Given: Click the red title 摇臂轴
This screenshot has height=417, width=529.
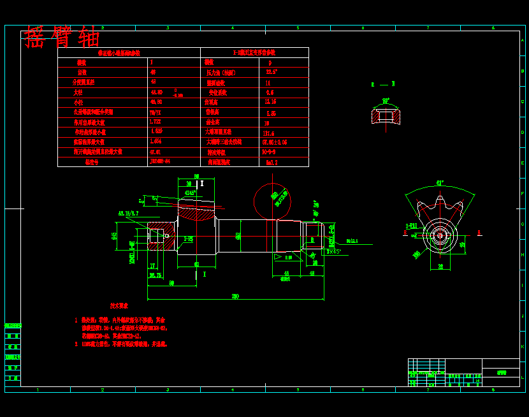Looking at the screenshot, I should pos(62,37).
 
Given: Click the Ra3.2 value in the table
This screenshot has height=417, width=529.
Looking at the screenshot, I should pos(272,163).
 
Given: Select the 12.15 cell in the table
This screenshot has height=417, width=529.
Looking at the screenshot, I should pos(270,102).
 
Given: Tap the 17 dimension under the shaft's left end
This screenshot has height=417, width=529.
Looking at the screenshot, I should pos(152,265).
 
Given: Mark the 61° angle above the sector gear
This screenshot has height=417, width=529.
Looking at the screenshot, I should pos(440,183).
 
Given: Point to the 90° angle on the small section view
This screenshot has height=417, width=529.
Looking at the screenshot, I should pos(386,101).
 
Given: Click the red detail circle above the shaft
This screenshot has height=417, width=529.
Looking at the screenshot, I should pos(272,201).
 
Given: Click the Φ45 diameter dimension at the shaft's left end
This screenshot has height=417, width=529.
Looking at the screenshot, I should pos(115,235).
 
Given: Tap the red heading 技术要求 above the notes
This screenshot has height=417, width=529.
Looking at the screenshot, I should pos(119,307).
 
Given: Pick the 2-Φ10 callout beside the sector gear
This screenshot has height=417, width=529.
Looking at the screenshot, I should pos(411,226).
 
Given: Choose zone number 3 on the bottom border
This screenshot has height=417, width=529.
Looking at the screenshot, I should pos(168,390).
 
